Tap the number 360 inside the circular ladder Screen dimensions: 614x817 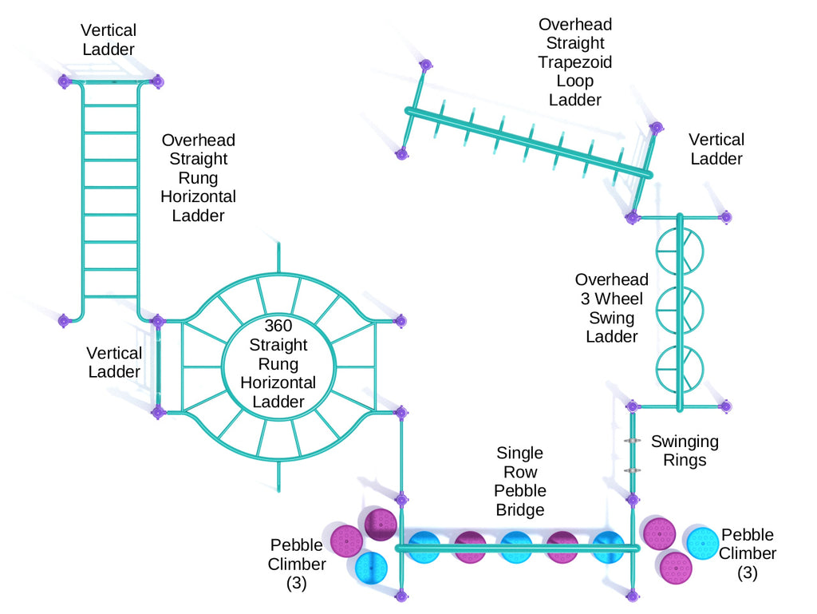point(278,326)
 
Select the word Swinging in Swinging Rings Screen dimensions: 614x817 point(685,442)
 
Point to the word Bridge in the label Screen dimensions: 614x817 point(520,509)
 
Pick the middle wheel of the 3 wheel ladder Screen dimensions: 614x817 point(680,310)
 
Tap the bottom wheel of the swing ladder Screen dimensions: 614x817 point(680,366)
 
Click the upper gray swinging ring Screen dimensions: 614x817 point(632,442)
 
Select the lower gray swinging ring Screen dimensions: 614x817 point(632,470)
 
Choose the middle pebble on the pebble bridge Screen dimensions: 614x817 point(516,548)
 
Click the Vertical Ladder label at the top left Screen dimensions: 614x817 point(109,40)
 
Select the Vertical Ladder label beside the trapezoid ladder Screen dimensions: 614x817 point(716,149)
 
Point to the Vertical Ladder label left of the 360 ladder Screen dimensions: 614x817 point(115,362)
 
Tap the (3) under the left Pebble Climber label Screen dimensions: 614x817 point(296,583)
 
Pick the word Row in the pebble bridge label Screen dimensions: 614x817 point(520,472)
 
